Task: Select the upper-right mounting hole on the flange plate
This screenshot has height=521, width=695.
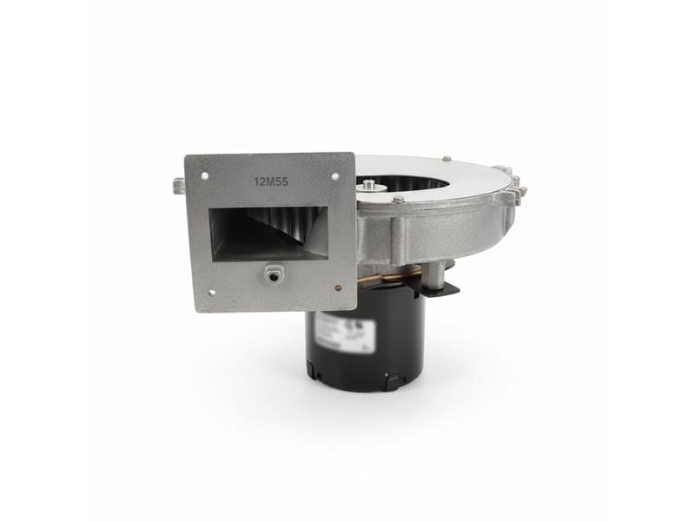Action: click(335, 176)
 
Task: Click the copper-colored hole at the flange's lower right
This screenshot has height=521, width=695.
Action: click(338, 287)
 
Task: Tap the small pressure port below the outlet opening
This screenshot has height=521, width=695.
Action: click(275, 274)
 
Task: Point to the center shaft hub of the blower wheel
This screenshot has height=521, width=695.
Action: click(371, 184)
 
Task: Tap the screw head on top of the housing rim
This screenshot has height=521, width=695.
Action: click(446, 159)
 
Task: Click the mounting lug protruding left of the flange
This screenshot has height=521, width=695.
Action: click(178, 185)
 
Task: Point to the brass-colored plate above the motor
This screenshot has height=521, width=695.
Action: click(391, 278)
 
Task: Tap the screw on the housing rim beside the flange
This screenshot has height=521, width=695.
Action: click(397, 200)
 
